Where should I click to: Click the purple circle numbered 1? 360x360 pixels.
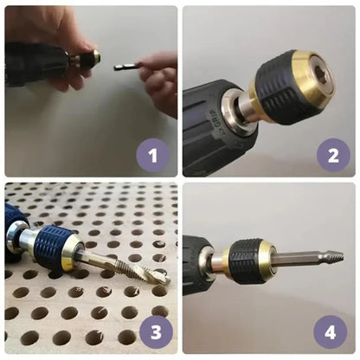pos(153,155)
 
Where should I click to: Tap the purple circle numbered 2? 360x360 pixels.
pos(333,155)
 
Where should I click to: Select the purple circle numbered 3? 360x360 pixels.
pos(156,332)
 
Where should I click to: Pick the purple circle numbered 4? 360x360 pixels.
pos(331,332)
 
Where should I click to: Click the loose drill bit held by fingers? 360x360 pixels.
pos(126,67)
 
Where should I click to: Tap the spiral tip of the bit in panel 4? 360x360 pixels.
pos(335,257)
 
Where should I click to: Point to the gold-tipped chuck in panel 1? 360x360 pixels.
pos(89,58)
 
